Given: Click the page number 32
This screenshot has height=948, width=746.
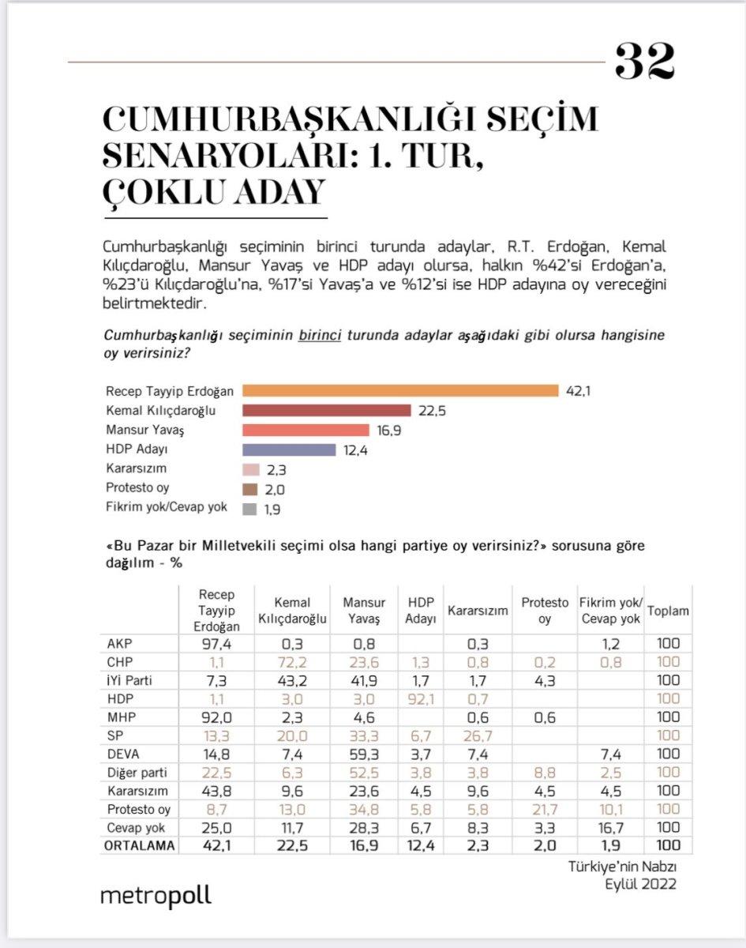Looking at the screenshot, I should coord(644,62).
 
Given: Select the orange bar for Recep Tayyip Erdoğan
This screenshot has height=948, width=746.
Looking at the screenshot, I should coord(400,390).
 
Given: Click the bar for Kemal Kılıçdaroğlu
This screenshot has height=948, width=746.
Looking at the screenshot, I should coord(327,410).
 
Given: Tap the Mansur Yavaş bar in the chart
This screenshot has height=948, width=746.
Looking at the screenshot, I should coord(306,430).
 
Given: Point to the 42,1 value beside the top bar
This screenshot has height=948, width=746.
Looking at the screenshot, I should coord(579,391).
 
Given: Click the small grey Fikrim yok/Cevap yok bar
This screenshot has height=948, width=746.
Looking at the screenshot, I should coord(249,509).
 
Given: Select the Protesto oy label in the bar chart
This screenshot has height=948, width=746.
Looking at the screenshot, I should coord(137,488).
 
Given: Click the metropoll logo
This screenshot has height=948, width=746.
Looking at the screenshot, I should coord(156,897).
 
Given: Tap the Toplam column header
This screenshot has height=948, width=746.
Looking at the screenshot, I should coord(668,611).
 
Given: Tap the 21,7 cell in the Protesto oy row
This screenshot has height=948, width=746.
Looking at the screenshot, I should coord(544,810).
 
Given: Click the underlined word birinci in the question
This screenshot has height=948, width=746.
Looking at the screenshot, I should coord(319,335).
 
